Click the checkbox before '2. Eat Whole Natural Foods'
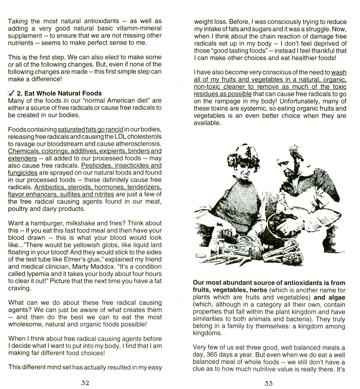[11, 93]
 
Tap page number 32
[85, 383]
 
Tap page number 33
[269, 383]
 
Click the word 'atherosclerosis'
[138, 143]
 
